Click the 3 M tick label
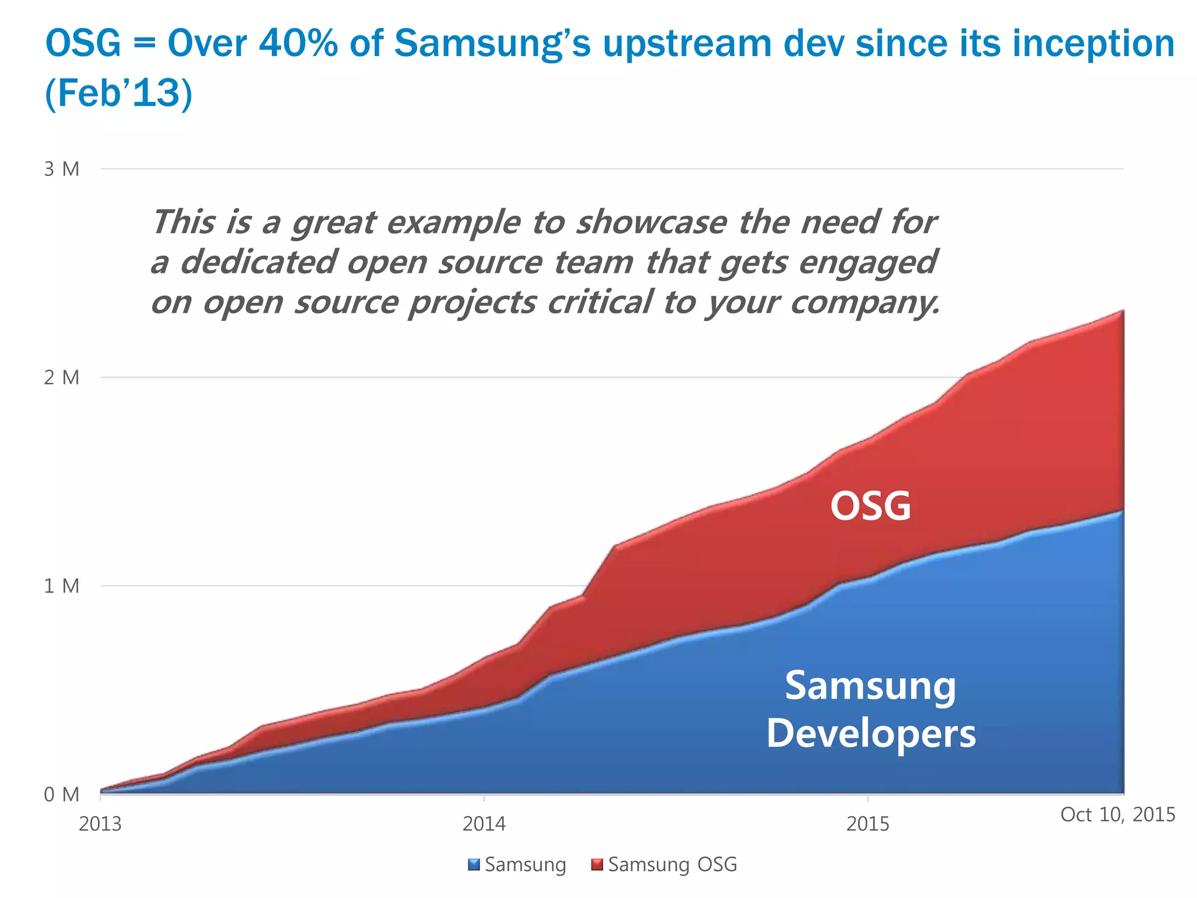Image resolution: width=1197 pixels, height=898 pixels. click(x=61, y=170)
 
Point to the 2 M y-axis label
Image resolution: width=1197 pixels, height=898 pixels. click(x=61, y=378)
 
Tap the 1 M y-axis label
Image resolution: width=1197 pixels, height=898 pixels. click(x=61, y=586)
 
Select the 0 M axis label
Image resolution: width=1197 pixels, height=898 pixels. click(x=61, y=795)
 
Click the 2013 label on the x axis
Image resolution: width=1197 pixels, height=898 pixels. click(x=100, y=824)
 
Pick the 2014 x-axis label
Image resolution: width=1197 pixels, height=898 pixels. click(x=484, y=824)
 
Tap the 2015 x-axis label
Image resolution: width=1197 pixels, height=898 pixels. click(x=868, y=824)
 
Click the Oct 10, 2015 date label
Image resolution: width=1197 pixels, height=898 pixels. click(x=1118, y=814)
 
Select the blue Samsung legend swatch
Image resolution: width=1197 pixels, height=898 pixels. click(x=474, y=864)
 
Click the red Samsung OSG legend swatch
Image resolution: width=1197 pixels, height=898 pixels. click(x=597, y=864)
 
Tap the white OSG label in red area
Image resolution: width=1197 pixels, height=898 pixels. click(x=870, y=506)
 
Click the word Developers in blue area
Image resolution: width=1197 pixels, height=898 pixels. click(x=871, y=733)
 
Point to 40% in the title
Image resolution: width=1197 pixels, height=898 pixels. click(x=298, y=43)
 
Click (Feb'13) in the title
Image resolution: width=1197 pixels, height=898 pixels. click(x=119, y=93)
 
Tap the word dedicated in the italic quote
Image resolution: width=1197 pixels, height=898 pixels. click(x=258, y=262)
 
